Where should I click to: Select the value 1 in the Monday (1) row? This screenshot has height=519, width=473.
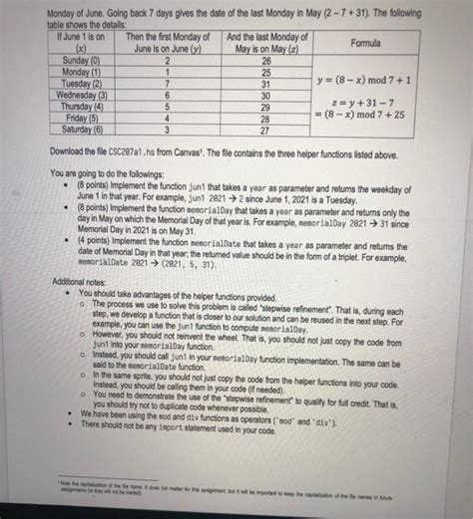pyautogui.click(x=174, y=74)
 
